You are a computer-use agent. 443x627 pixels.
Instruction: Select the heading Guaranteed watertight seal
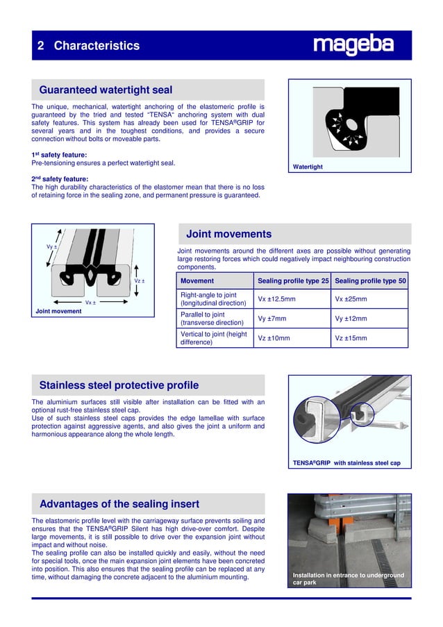[x=106, y=90]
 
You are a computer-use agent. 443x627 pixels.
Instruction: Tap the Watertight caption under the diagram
[x=308, y=167]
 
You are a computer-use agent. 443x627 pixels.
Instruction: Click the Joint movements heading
[x=228, y=234]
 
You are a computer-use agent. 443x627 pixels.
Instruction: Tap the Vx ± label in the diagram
[x=90, y=303]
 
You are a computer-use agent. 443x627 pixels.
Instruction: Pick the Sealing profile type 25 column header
[x=293, y=281]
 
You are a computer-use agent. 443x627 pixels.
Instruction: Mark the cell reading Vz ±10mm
[x=274, y=338]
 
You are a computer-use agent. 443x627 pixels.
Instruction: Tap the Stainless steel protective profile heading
[x=119, y=385]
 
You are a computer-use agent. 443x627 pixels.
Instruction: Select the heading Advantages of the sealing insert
[x=119, y=503]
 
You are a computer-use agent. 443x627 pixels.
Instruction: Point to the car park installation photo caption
[x=348, y=578]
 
